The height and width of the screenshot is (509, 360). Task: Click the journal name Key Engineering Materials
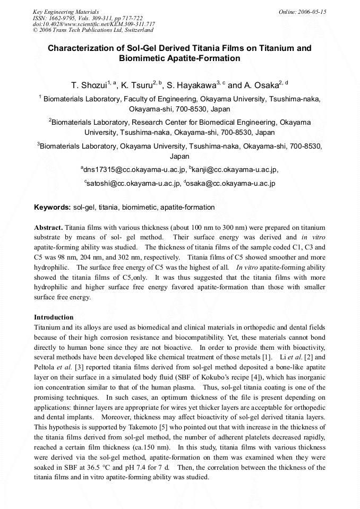[65, 12]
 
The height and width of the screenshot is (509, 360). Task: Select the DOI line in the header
[93, 24]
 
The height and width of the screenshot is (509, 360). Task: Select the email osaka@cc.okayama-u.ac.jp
[230, 184]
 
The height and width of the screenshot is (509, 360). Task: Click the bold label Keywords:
[53, 208]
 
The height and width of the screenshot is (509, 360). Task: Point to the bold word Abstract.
[49, 227]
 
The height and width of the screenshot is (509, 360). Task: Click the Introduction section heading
[54, 317]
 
